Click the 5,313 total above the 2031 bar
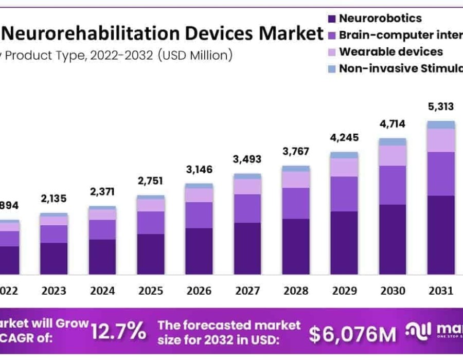[441, 106]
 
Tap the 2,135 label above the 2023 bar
[54, 199]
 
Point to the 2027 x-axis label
[247, 291]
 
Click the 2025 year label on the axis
[151, 291]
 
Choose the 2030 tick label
[393, 291]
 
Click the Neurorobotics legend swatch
[332, 19]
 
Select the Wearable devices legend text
[391, 52]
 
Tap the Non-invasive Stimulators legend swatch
[332, 69]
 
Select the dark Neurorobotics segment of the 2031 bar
[441, 235]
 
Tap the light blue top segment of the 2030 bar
[393, 142]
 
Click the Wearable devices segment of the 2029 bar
[344, 167]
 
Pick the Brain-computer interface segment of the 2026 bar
[199, 215]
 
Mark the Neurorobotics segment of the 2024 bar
[102, 256]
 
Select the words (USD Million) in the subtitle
[195, 55]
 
